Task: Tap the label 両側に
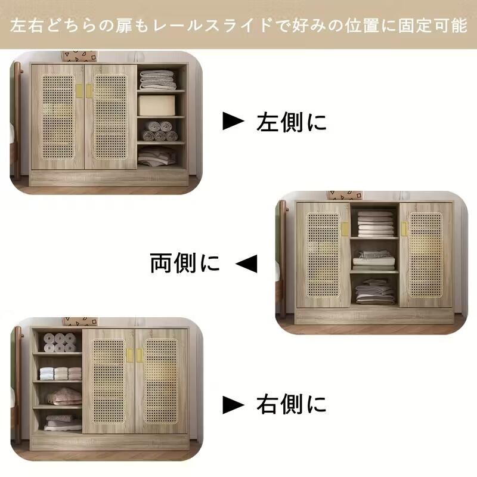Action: tap(185, 262)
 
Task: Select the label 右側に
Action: tap(292, 405)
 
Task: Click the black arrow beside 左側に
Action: tap(233, 121)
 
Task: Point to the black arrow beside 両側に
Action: tap(246, 263)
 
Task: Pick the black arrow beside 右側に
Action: tap(233, 405)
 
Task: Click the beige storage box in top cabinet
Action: tap(156, 104)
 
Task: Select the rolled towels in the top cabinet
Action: tap(159, 131)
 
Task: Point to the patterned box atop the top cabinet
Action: tap(79, 56)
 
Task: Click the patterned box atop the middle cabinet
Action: tap(345, 196)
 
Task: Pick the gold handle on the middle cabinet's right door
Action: tap(404, 229)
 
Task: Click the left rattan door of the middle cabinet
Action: tap(323, 255)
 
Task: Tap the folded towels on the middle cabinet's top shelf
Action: tap(375, 223)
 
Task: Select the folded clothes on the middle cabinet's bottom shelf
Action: tap(374, 292)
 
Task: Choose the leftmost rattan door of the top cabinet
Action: tap(57, 117)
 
